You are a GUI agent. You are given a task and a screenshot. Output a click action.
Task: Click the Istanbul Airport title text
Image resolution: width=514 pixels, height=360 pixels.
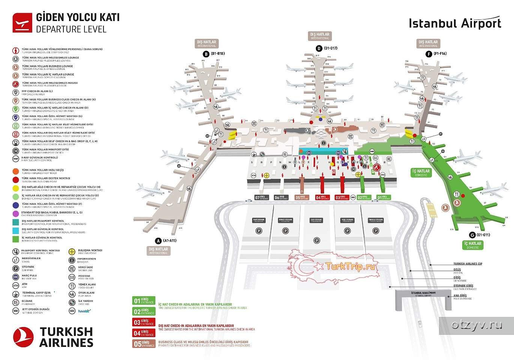[x=455, y=23]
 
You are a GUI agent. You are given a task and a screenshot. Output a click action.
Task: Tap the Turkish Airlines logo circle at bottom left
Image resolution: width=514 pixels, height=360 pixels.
[x=24, y=337]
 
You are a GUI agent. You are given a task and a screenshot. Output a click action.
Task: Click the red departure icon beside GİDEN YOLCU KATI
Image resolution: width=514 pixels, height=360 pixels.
[x=22, y=23]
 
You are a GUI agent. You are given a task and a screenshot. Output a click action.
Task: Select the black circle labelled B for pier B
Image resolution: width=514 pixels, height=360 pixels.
[x=205, y=54]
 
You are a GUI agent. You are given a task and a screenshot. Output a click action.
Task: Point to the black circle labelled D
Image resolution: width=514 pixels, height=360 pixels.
[x=319, y=48]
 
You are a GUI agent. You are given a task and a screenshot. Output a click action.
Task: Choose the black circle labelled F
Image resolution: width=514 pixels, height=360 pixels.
[x=428, y=54]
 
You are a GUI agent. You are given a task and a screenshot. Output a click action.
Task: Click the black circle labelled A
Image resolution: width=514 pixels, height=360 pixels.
[x=158, y=241]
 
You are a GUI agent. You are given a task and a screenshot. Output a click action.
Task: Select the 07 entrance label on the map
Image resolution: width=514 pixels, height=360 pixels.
[x=261, y=198]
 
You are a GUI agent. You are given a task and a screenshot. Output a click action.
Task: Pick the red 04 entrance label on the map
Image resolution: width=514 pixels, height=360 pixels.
[x=322, y=198]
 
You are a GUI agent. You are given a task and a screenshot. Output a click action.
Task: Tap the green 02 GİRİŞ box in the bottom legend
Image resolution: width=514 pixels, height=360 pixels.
[x=143, y=311]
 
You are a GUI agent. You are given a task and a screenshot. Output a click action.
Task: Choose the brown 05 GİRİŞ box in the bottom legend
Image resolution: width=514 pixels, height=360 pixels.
[x=143, y=344]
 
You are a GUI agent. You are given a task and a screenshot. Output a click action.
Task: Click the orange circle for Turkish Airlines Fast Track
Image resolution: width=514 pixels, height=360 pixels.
[x=15, y=171]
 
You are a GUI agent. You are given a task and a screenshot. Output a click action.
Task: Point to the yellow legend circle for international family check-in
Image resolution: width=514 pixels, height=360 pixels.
[x=15, y=188]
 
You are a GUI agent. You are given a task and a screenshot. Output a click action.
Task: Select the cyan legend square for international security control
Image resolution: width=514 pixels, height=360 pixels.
[x=15, y=230]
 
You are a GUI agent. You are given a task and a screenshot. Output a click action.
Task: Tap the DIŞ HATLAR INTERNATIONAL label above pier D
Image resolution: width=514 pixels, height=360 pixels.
[x=320, y=36]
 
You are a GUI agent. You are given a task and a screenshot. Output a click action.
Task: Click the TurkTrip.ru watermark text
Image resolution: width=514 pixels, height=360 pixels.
[x=351, y=266]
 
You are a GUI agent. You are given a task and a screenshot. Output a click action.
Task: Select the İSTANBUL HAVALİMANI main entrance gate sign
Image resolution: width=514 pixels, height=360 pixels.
[x=423, y=294]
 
